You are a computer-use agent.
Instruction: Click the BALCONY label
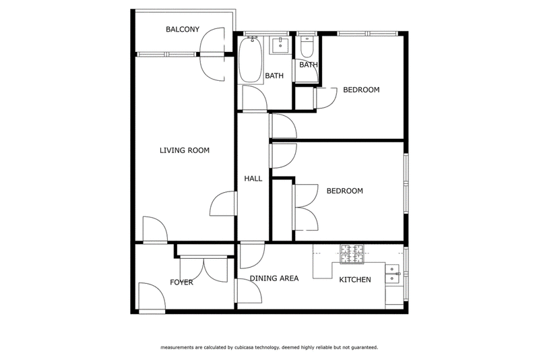coord(183,29)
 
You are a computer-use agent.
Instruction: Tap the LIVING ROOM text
coord(184,150)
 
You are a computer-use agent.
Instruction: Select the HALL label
coord(253,179)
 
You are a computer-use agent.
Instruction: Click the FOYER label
coord(181,282)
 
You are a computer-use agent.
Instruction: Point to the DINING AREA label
coord(274,278)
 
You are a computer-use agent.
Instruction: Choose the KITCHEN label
coord(355,280)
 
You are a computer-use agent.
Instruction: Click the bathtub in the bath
coord(251,60)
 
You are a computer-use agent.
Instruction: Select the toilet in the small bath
coord(307,47)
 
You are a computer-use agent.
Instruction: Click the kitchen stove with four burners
coord(352,254)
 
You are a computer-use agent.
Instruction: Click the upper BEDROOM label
coord(361,90)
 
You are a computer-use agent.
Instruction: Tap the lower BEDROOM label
coord(345,191)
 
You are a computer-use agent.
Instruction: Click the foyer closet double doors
coord(204,269)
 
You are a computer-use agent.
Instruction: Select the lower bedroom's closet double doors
coord(305,208)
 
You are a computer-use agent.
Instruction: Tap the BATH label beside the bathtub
coord(274,76)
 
